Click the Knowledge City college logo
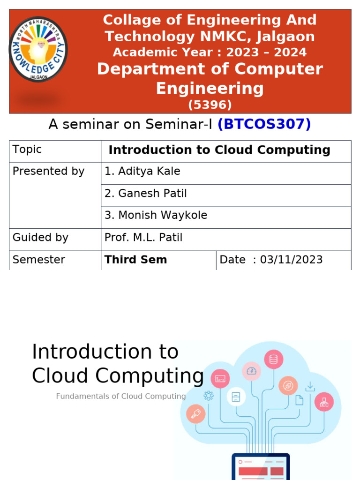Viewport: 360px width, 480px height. click(x=38, y=49)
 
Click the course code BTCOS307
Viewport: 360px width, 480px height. click(x=264, y=124)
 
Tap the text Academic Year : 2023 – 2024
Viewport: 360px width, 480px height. click(x=210, y=52)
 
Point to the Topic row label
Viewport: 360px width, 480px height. click(x=27, y=150)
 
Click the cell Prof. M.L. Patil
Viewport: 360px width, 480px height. click(x=143, y=238)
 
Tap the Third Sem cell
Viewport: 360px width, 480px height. click(x=136, y=260)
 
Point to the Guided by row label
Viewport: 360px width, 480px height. click(x=40, y=238)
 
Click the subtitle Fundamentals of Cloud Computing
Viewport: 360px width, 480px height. click(x=121, y=396)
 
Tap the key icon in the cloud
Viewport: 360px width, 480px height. click(x=195, y=414)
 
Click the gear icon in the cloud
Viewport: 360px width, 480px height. click(x=209, y=396)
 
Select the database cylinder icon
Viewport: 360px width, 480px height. click(x=273, y=360)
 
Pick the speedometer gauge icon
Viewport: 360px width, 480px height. click(x=252, y=371)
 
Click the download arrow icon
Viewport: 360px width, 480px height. click(x=310, y=387)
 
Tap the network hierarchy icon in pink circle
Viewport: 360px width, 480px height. click(x=324, y=402)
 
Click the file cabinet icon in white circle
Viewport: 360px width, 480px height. click(x=236, y=397)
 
